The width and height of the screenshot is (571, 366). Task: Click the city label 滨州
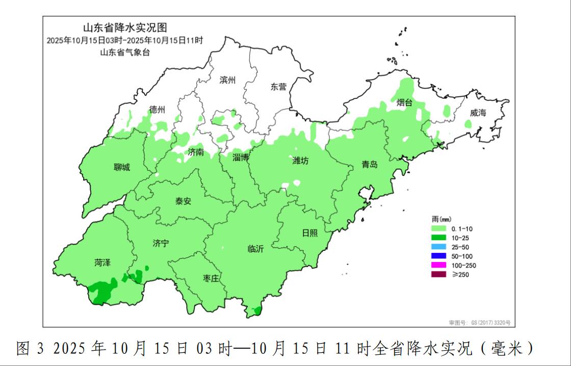pos(227,80)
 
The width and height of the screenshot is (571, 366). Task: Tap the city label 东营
pos(278,87)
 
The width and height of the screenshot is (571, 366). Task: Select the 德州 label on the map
pos(157,110)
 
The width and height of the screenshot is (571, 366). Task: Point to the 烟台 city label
pos(404,103)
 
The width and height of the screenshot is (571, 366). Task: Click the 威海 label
pos(478,113)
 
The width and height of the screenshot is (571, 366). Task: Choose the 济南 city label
pos(196,152)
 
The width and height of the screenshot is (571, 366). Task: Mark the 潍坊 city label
pos(300,161)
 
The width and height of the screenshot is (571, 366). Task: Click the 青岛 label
pos(370,164)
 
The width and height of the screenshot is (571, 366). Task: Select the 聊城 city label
pos(122,167)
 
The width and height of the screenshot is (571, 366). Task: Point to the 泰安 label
pos(183,201)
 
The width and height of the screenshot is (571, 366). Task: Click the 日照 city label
pos(309,232)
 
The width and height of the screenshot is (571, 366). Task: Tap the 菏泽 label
pos(102,263)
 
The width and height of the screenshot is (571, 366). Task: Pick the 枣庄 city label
pos(211,278)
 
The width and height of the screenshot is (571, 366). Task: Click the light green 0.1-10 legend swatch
pos(438,229)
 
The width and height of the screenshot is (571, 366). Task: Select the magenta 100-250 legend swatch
pos(438,266)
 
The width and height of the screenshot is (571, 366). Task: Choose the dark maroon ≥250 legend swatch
pos(438,275)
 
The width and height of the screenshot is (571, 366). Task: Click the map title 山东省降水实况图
pos(125,28)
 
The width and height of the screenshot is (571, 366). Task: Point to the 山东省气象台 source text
pos(125,52)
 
